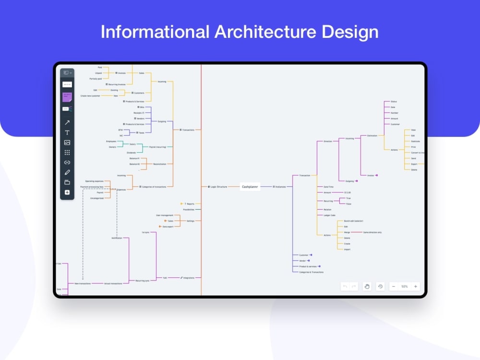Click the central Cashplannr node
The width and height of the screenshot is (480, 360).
250,187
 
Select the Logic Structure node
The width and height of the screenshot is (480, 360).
218,187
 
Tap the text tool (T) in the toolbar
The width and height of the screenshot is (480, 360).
67,132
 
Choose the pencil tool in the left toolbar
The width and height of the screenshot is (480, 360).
67,172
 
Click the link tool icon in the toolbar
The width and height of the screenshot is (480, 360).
67,162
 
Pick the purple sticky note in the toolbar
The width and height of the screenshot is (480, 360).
67,97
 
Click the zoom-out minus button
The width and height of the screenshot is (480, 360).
394,287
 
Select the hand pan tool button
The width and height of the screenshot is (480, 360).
367,287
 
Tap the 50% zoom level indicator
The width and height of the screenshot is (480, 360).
405,287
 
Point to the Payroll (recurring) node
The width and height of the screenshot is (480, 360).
157,147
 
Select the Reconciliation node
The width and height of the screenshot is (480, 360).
159,164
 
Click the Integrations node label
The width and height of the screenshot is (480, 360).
188,278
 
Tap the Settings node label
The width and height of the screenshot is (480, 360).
191,221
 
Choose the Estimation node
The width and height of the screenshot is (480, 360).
372,136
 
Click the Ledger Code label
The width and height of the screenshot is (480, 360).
329,216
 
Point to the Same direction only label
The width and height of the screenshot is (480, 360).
372,232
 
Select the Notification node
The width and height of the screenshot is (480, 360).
117,238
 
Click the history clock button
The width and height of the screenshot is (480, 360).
381,287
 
